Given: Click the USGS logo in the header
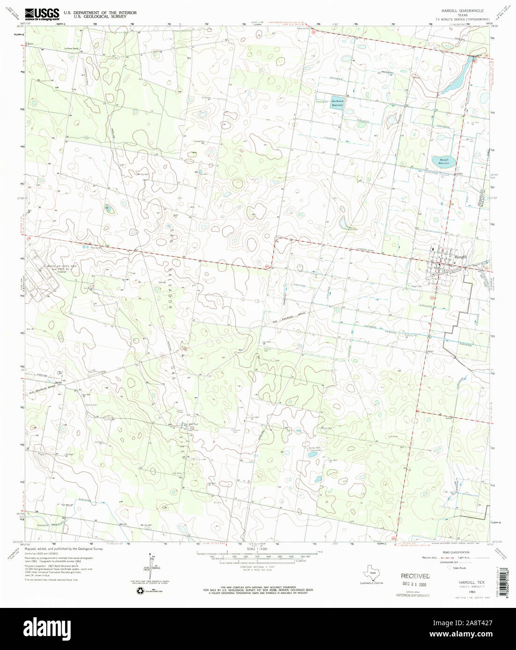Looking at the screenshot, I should tap(42, 13).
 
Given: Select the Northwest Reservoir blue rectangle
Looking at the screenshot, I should tap(337, 103).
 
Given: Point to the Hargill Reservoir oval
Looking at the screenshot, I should tap(441, 161).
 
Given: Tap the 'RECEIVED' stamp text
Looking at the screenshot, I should tap(415, 576).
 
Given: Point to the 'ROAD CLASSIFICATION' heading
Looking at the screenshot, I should tap(453, 553).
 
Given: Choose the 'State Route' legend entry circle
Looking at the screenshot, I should tap(450, 568).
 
